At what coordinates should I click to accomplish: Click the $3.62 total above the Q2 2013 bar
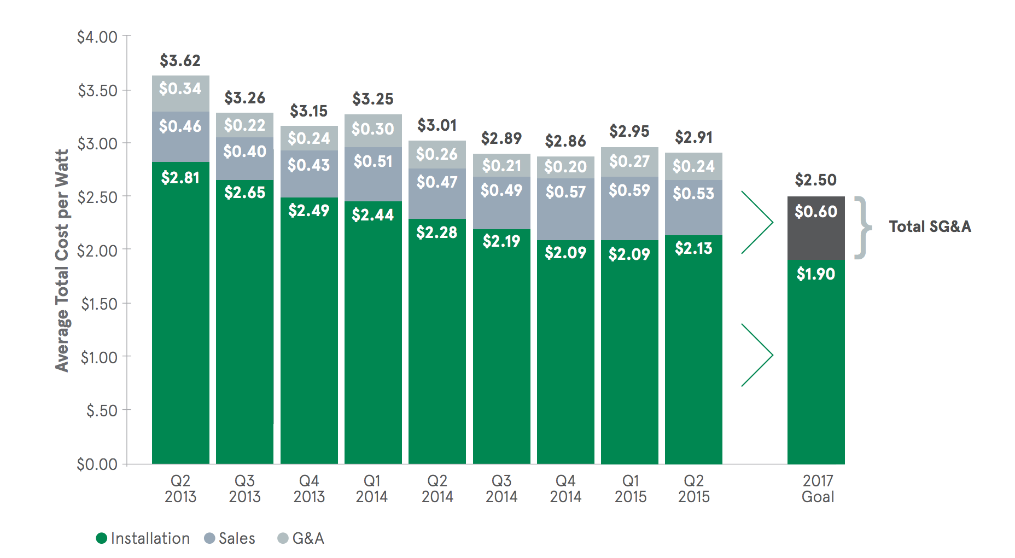[180, 61]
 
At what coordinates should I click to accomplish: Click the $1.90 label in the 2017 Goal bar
[815, 274]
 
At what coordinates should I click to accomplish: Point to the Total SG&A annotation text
[930, 226]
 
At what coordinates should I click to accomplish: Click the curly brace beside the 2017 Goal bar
[862, 227]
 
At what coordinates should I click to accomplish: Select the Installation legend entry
[143, 538]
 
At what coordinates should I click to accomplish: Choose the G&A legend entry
[301, 538]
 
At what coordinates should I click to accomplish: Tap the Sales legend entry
[230, 538]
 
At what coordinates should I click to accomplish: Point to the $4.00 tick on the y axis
[97, 37]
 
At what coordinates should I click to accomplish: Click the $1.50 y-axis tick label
[99, 304]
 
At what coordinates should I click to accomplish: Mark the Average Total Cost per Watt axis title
[62, 260]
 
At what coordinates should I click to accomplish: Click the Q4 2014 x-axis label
[565, 489]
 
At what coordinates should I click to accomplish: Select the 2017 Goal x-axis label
[818, 489]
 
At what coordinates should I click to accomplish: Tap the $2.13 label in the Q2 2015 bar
[693, 248]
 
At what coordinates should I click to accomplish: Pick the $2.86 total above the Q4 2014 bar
[565, 141]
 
